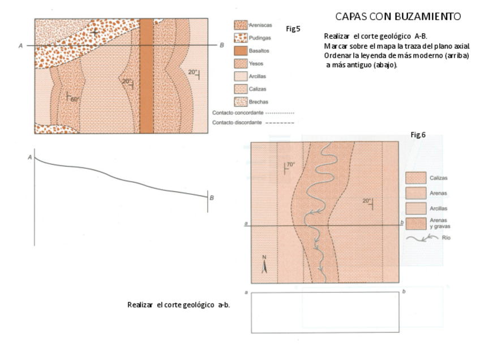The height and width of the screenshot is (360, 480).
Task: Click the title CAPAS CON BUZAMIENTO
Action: [x=398, y=16]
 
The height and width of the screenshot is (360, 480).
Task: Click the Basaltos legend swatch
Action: [x=241, y=51]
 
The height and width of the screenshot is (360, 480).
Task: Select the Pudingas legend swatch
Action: [x=241, y=38]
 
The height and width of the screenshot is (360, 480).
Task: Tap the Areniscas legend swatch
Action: [x=241, y=25]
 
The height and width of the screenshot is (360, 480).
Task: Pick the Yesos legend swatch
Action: [x=241, y=63]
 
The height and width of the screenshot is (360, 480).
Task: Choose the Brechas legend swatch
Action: [x=241, y=102]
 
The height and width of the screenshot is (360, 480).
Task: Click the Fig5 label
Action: [x=293, y=28]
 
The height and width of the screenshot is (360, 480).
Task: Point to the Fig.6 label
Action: [x=418, y=134]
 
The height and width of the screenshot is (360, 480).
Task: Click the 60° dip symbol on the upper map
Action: [x=71, y=98]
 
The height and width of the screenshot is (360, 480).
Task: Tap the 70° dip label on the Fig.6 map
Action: [x=290, y=165]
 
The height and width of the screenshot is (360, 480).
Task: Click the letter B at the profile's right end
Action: [x=212, y=198]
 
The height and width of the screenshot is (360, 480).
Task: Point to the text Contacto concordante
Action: [x=237, y=113]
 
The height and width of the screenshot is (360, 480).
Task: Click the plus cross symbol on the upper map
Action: [x=95, y=33]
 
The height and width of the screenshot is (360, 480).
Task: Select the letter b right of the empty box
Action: [x=404, y=292]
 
